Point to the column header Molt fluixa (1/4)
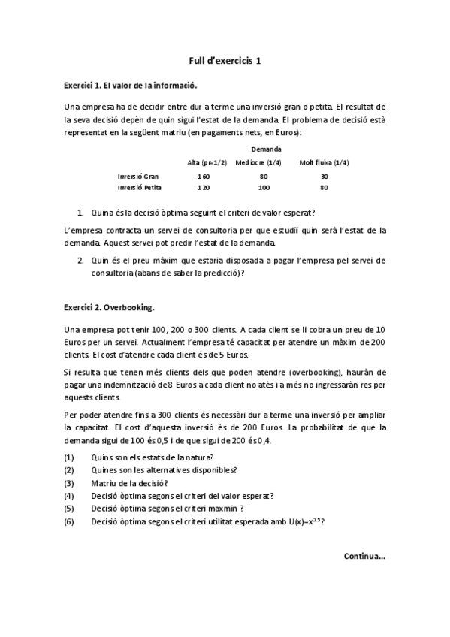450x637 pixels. pos(324,162)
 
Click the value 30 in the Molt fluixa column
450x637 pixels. pos(324,176)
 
